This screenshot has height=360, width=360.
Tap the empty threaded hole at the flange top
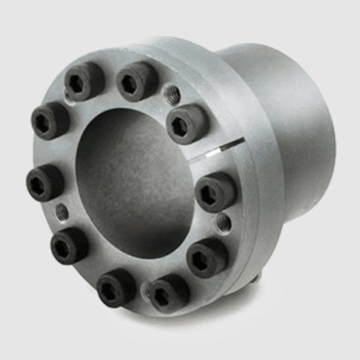[x=171, y=94]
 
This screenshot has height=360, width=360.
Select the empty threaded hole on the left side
[x=62, y=212]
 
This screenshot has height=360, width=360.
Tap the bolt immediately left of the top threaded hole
[x=137, y=81]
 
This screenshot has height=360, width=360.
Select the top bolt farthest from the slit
[x=85, y=81]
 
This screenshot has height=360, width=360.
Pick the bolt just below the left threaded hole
[x=70, y=246]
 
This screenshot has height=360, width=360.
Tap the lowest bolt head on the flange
[x=167, y=293]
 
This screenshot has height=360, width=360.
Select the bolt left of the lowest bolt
[x=116, y=287]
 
